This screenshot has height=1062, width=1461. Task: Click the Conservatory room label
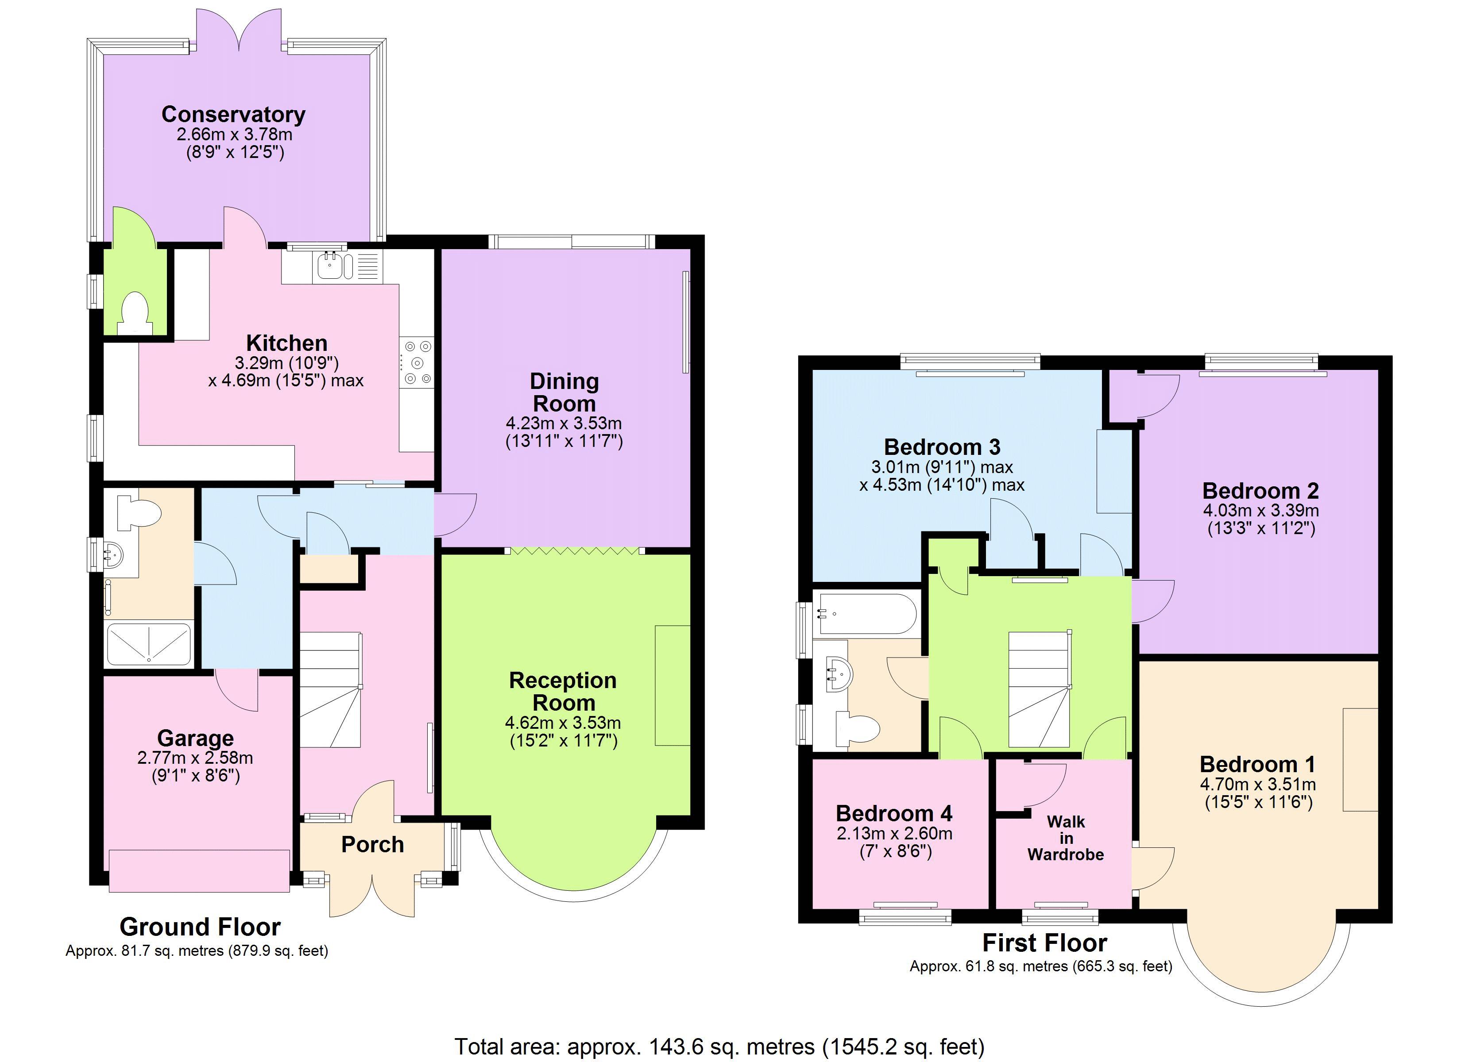tap(233, 114)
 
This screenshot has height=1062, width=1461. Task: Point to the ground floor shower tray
tap(149, 643)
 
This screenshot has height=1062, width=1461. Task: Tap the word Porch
tap(372, 844)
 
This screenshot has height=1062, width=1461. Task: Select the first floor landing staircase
tap(1039, 689)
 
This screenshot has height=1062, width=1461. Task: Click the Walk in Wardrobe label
tap(1066, 838)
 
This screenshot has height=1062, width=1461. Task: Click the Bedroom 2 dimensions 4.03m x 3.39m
tap(1260, 511)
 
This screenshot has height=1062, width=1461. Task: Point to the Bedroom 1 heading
tap(1257, 765)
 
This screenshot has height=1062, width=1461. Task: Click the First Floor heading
tap(1044, 943)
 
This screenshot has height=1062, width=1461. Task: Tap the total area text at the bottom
tap(719, 1047)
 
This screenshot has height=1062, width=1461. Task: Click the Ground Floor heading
tap(201, 927)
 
